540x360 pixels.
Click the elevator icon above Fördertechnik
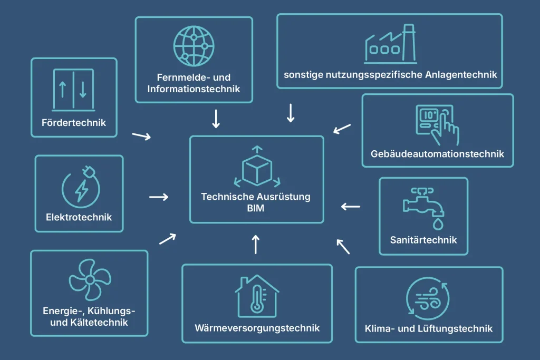tap(74, 90)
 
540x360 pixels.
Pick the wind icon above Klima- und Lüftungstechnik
tap(428, 300)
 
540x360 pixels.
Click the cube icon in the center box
tap(257, 168)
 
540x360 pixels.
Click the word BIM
tap(256, 209)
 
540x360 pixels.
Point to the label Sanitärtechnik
tap(423, 240)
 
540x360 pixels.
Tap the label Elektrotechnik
tap(79, 217)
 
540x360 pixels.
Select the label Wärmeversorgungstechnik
tap(257, 328)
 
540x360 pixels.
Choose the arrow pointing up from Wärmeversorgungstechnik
tap(256, 244)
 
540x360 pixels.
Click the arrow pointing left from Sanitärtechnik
tap(351, 207)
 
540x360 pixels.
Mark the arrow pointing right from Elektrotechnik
tap(159, 197)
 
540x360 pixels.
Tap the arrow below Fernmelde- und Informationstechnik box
tap(216, 119)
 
